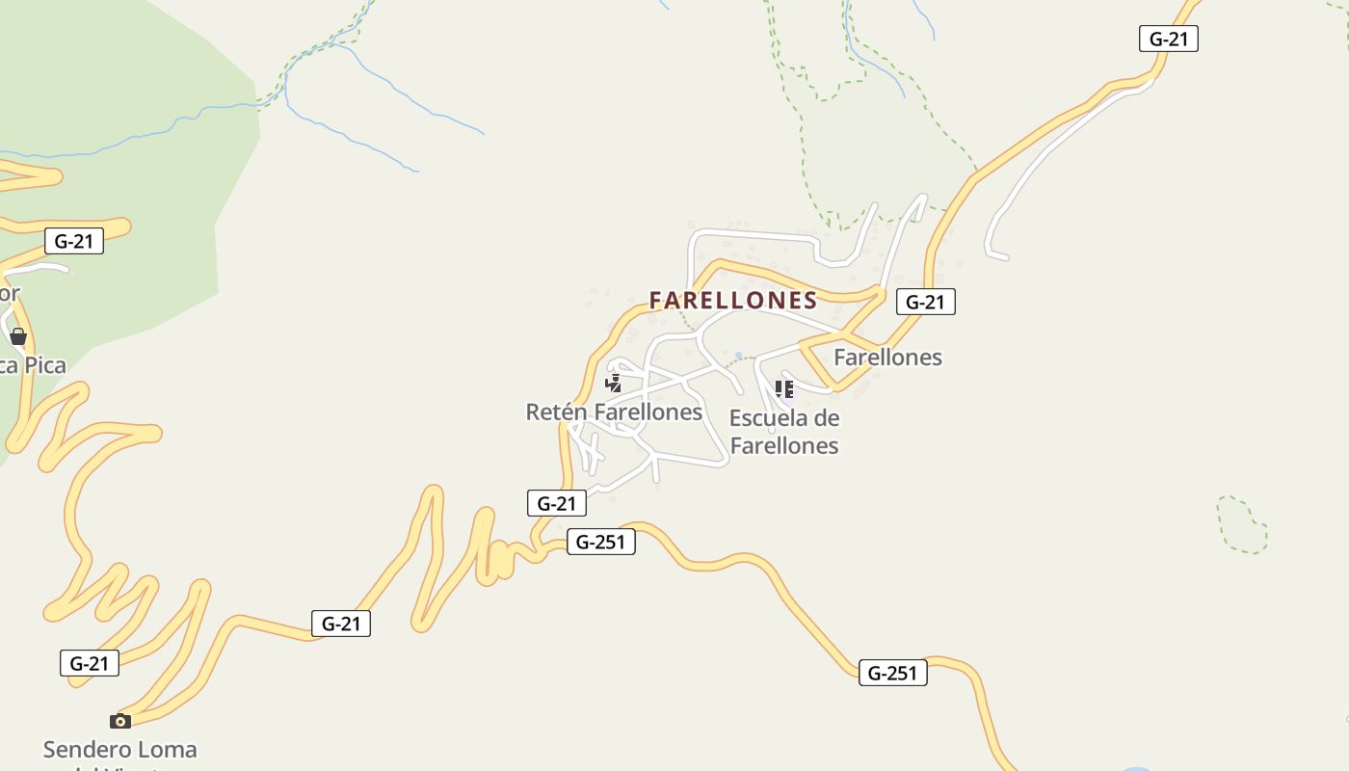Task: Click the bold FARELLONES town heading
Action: [733, 301]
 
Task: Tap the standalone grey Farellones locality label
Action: [887, 358]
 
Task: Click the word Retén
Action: [556, 412]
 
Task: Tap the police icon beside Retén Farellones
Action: [613, 385]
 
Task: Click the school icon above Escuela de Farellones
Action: [784, 389]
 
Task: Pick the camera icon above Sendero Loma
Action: [120, 721]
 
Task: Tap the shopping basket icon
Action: [18, 336]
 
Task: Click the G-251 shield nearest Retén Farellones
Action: [600, 542]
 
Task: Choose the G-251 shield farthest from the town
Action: [892, 673]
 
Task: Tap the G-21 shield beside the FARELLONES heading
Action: [925, 302]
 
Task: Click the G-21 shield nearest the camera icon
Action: [90, 663]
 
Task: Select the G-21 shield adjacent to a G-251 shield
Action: [557, 503]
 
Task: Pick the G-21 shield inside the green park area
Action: [74, 241]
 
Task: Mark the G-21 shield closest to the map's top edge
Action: [1168, 39]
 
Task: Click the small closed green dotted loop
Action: [1242, 525]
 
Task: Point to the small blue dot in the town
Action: [739, 356]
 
